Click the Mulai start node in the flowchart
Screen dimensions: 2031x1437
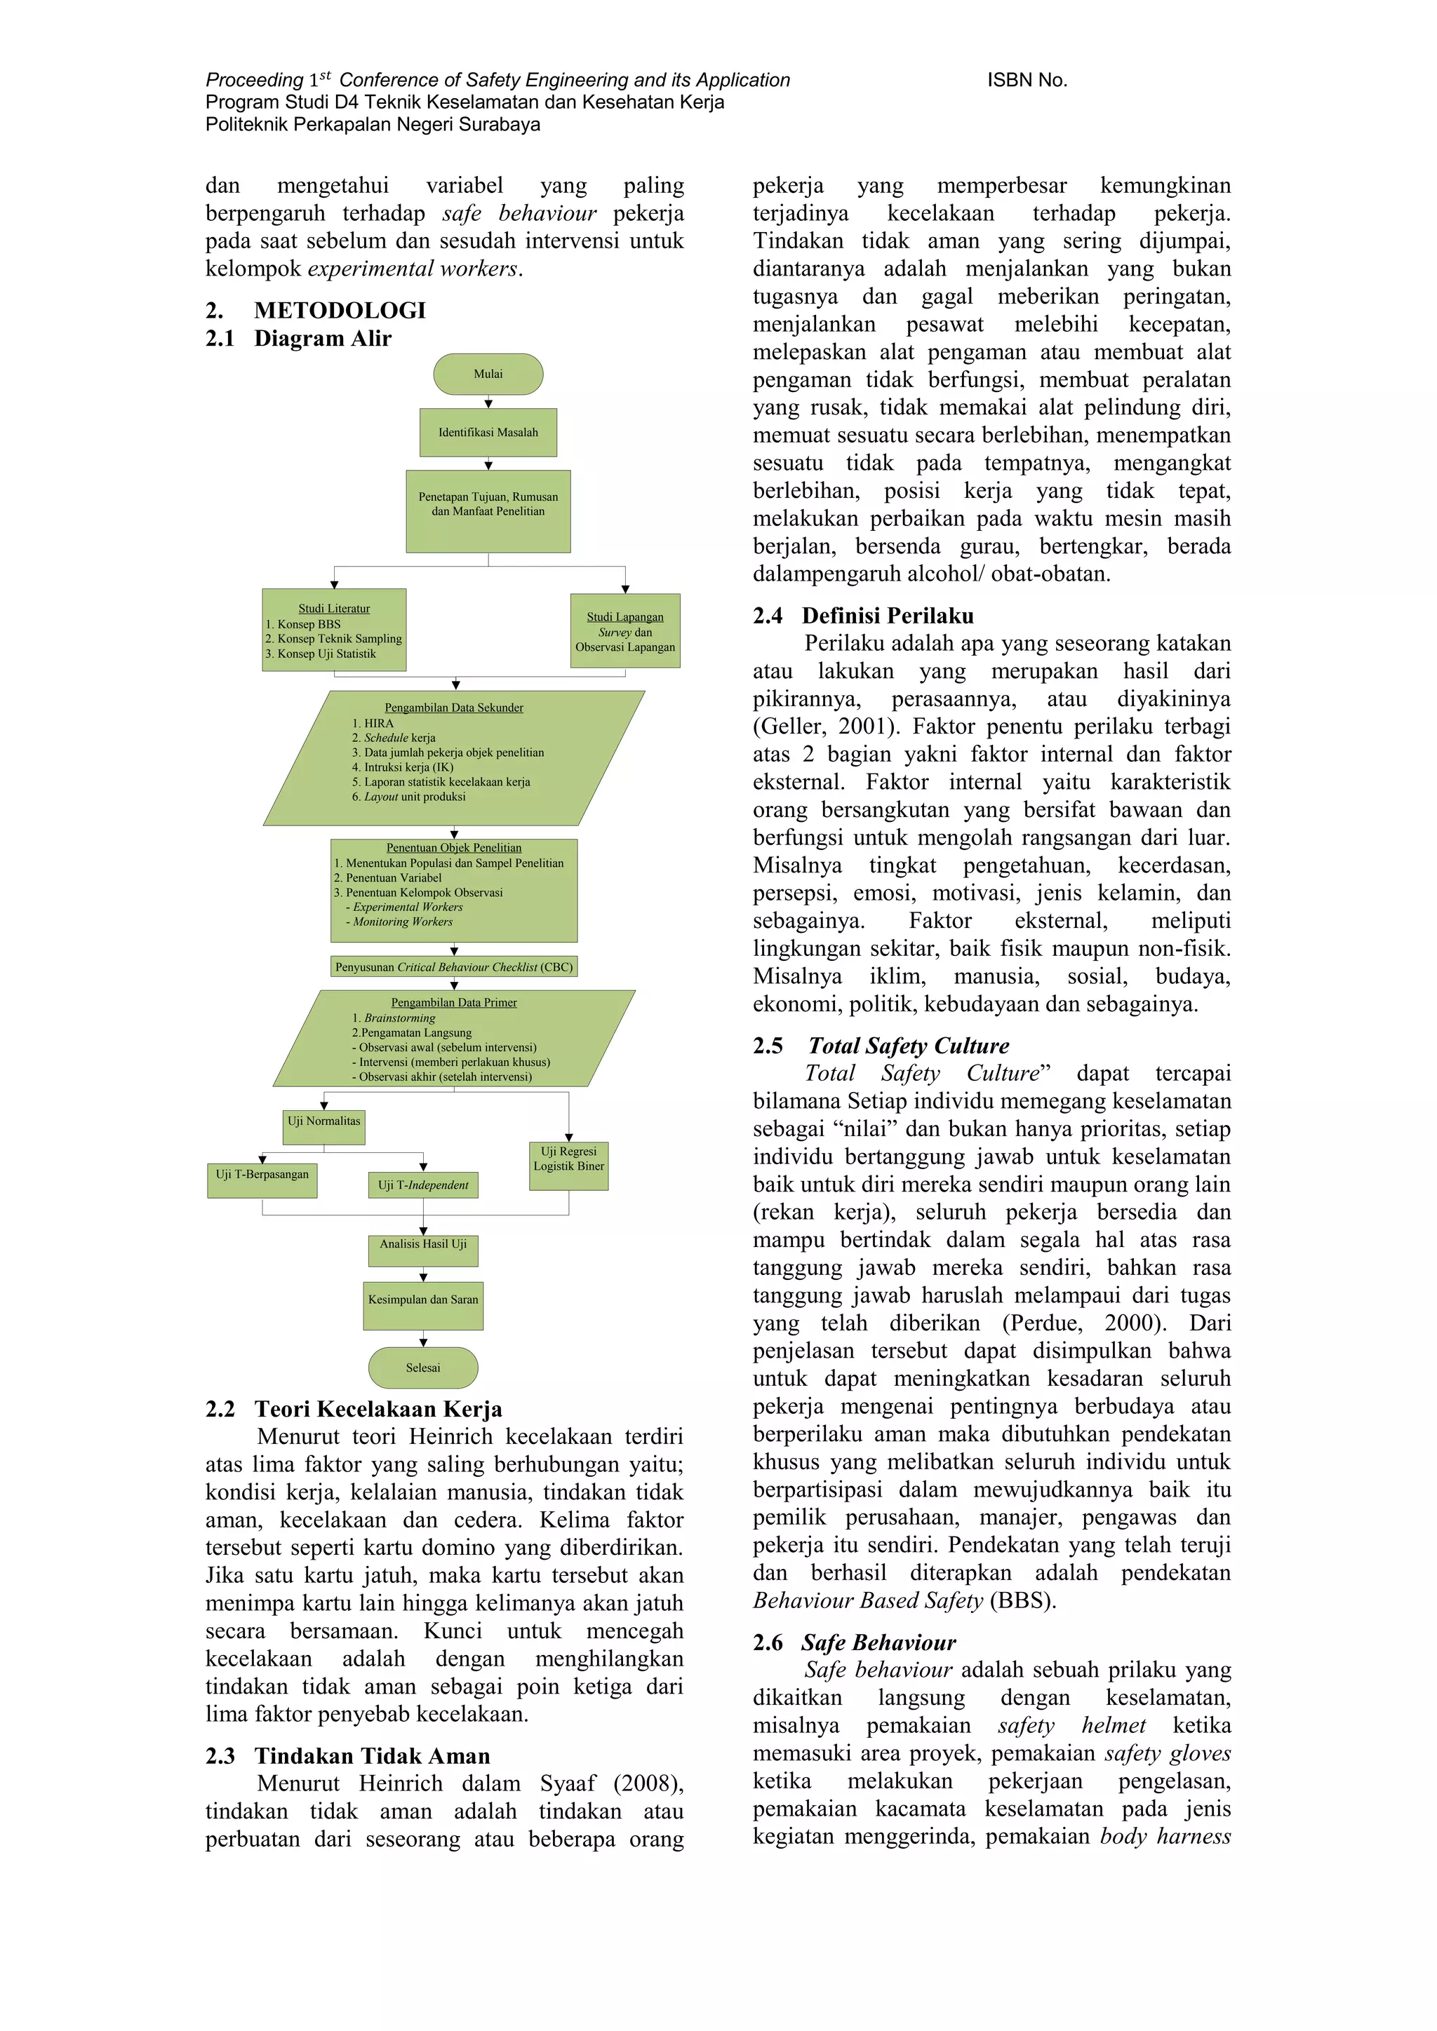coord(488,375)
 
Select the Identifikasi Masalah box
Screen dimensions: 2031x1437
coord(488,433)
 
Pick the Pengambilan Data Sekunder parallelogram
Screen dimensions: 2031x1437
coord(454,758)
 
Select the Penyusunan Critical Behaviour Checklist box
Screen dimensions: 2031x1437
coord(454,967)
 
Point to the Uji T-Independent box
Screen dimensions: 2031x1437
coord(423,1185)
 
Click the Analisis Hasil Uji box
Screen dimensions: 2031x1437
coord(423,1250)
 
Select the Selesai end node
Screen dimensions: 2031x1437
coord(423,1368)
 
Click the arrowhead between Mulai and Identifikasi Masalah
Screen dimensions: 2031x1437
coord(488,403)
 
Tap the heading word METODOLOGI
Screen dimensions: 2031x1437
coord(340,311)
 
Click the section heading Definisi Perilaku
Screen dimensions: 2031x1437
coord(888,616)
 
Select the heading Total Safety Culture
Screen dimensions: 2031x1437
coord(908,1046)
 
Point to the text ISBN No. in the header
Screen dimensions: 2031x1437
coord(1027,81)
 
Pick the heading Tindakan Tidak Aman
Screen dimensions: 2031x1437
coord(372,1756)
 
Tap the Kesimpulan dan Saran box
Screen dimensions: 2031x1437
coord(423,1306)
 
